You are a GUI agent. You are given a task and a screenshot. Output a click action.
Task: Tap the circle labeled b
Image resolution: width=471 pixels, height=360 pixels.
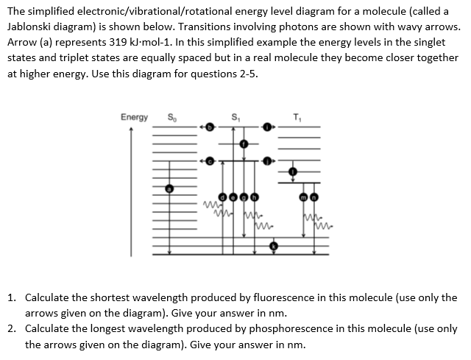[x=209, y=127]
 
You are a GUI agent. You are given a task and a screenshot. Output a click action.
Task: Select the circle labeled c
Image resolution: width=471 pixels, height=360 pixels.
[x=209, y=160]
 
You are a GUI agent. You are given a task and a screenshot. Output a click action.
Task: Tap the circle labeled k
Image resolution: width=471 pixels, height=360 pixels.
[x=274, y=245]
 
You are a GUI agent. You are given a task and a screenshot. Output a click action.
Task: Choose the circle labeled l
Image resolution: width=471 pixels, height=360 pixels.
[x=293, y=172]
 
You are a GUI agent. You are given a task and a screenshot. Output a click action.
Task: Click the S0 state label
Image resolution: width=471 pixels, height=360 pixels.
[x=172, y=116]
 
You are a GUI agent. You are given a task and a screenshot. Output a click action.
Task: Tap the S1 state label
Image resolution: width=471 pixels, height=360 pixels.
[x=236, y=116]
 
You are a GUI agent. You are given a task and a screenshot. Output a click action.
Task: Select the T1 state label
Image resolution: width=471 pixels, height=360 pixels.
[x=297, y=116]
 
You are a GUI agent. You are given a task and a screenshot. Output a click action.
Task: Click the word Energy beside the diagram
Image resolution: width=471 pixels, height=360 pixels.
[x=133, y=116]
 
